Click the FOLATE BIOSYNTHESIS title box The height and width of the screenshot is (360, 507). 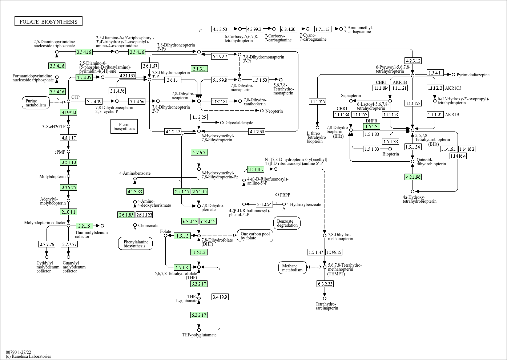pos(48,22)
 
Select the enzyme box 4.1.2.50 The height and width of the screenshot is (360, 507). pos(220,29)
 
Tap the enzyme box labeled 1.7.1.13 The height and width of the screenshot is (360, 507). pos(322,29)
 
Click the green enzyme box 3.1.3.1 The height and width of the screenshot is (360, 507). pos(199,69)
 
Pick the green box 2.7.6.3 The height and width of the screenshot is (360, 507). pos(199,152)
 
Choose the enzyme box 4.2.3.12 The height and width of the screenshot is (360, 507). pos(413,61)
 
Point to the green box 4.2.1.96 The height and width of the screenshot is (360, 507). pos(413,177)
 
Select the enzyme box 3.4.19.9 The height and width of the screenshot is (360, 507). pos(220,297)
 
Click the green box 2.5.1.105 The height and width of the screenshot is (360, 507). pos(256,169)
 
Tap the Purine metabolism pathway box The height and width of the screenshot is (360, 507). pos(36,103)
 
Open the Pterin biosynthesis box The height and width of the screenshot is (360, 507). pos(124,126)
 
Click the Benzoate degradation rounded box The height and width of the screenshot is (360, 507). pos(287,223)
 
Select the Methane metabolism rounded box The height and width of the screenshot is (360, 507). pos(292,268)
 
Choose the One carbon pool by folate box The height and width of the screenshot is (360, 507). pos(255,236)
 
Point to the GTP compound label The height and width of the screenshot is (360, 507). pos(75,97)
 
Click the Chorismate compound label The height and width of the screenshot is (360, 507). pos(148,226)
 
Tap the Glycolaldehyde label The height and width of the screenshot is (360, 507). pos(239,123)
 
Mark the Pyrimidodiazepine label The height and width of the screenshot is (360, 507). pos(473,75)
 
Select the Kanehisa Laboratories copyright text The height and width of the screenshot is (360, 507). pos(28,356)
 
